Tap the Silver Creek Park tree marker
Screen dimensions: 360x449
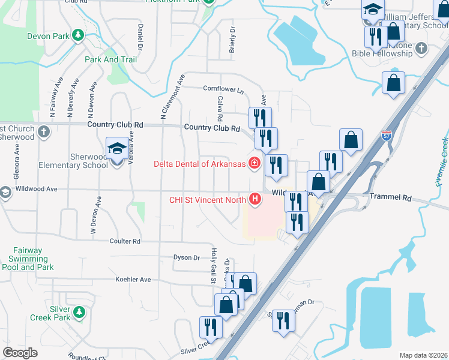pyautogui.click(x=78, y=313)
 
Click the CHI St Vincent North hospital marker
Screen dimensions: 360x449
pyautogui.click(x=256, y=199)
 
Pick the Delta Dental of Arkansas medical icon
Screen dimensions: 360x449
pyautogui.click(x=255, y=163)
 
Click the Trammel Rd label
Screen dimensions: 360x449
pyautogui.click(x=390, y=197)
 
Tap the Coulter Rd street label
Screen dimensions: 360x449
pyautogui.click(x=124, y=241)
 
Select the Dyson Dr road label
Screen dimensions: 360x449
pyautogui.click(x=186, y=257)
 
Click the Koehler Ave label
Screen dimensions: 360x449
pyautogui.click(x=133, y=280)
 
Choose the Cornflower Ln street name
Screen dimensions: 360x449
pyautogui.click(x=223, y=90)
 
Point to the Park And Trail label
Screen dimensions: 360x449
pyautogui.click(x=110, y=59)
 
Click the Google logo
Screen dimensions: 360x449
pyautogui.click(x=20, y=352)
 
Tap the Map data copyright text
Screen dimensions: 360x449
pyautogui.click(x=424, y=355)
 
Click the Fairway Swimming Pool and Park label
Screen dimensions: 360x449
pyautogui.click(x=28, y=259)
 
